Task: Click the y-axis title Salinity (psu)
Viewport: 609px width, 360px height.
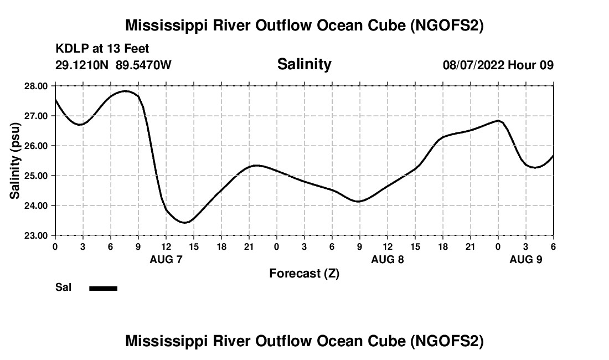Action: click(x=16, y=161)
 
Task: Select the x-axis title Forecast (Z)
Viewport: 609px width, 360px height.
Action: click(x=304, y=273)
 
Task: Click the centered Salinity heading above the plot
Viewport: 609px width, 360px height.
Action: click(x=304, y=64)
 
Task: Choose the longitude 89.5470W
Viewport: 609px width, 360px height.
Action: click(x=143, y=65)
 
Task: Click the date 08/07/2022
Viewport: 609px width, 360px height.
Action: click(x=473, y=65)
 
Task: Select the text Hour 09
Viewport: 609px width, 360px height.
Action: click(x=530, y=65)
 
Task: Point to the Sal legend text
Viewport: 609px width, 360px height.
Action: click(x=64, y=287)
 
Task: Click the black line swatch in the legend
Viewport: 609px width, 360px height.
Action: click(x=104, y=288)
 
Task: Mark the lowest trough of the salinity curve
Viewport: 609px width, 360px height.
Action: click(x=185, y=223)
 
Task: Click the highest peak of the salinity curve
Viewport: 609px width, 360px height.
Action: click(x=126, y=91)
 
